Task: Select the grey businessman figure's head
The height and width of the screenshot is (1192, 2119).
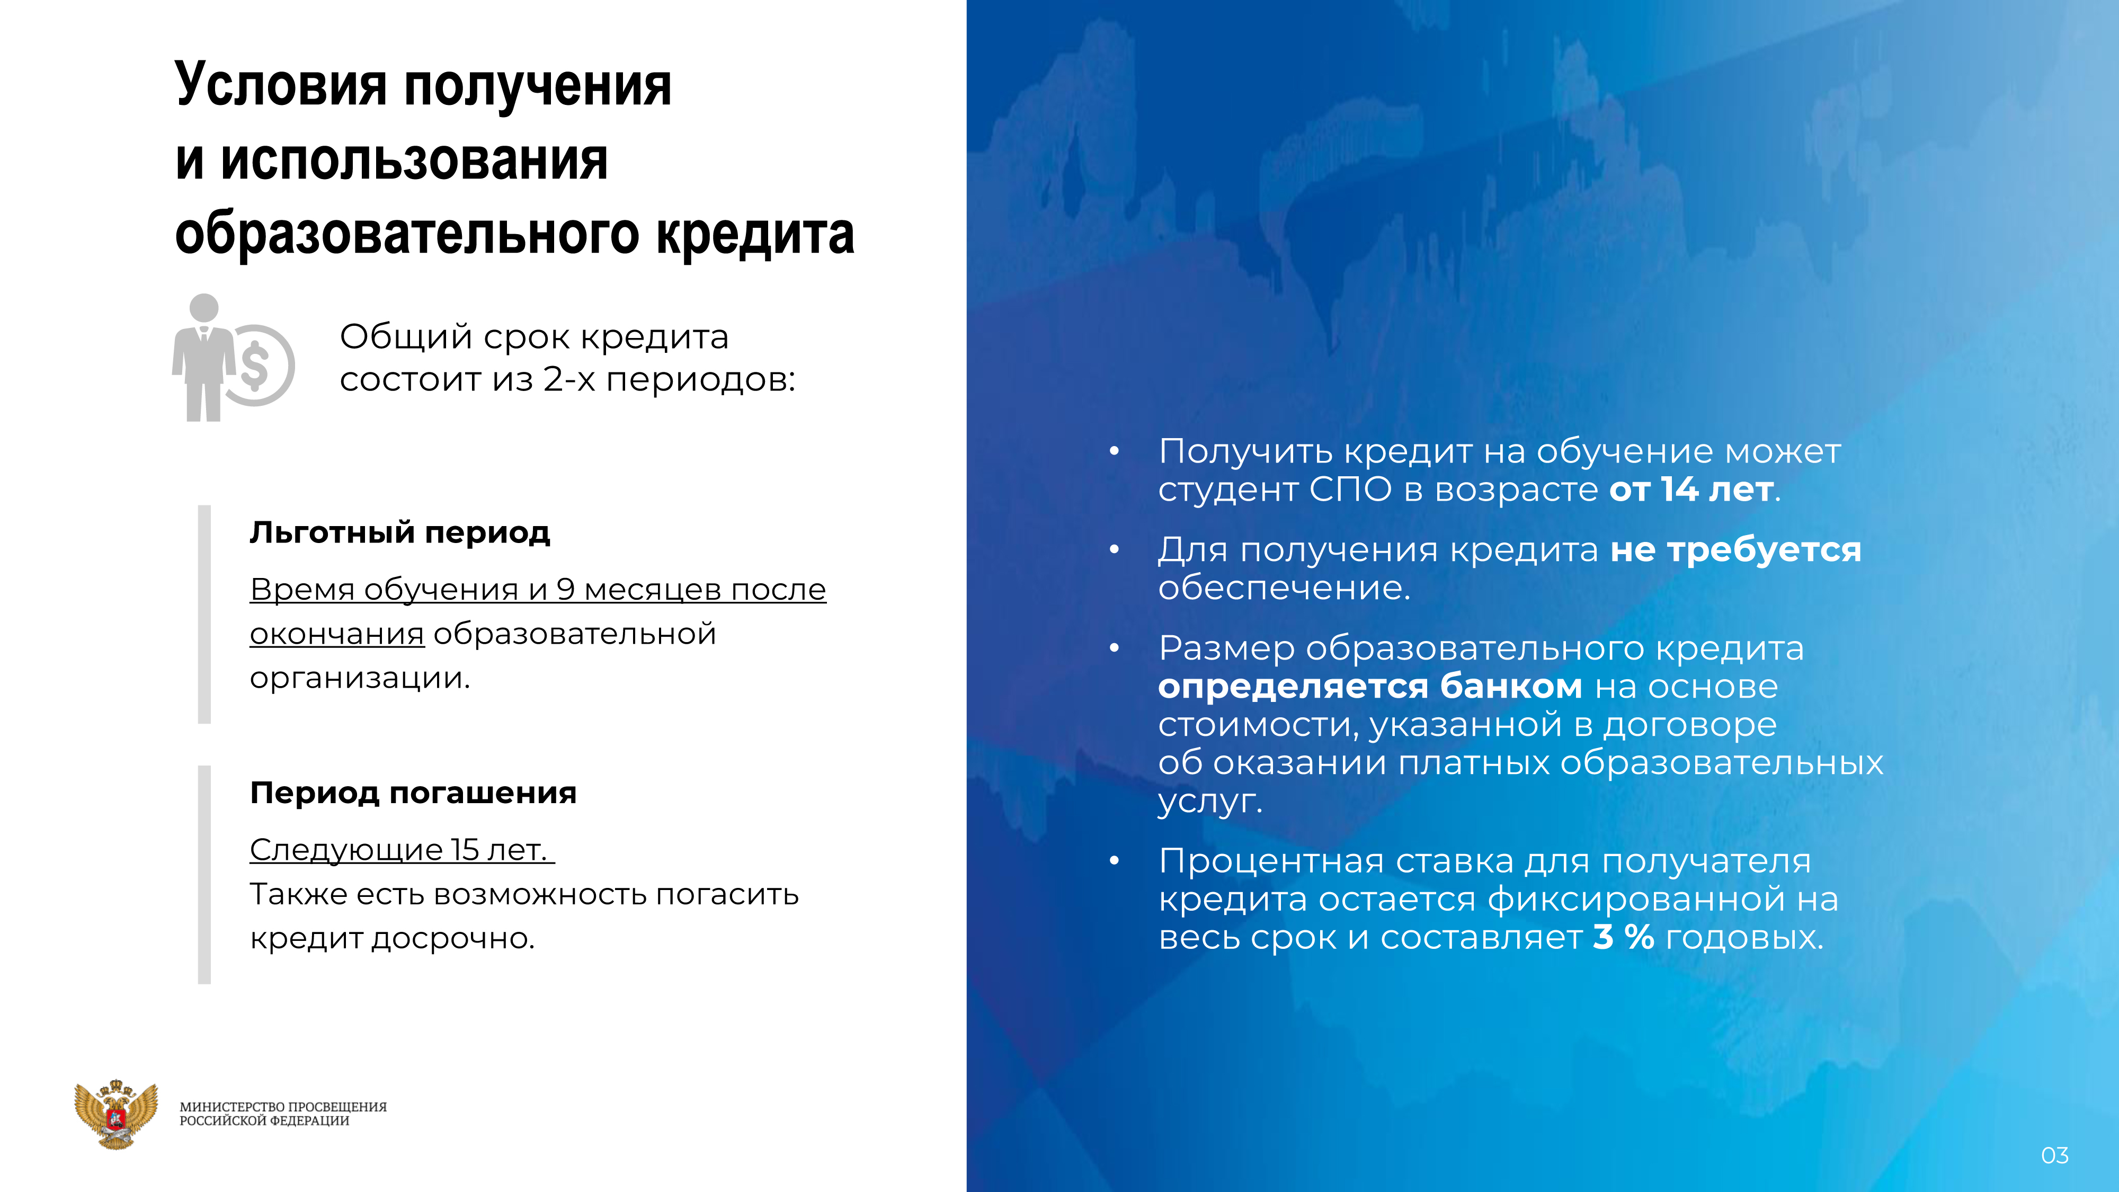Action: click(x=204, y=308)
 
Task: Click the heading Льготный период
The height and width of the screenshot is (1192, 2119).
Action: click(x=400, y=533)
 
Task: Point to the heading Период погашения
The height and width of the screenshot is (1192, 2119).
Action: click(x=413, y=793)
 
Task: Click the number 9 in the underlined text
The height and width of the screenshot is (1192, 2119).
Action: click(x=565, y=589)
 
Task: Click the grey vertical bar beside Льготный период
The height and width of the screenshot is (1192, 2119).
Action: click(x=204, y=615)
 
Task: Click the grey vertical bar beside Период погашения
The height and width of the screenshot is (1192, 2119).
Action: click(x=204, y=875)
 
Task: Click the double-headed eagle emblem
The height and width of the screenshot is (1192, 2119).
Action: click(x=116, y=1114)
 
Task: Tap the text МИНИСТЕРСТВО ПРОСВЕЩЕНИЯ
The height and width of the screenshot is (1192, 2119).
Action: click(x=283, y=1107)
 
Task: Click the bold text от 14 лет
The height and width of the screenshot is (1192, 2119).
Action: click(x=1690, y=490)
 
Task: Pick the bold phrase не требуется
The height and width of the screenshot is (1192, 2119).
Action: click(x=1735, y=549)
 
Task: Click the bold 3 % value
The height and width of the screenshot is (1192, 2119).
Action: click(x=1623, y=937)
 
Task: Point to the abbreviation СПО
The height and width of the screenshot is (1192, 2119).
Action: click(x=1351, y=490)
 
